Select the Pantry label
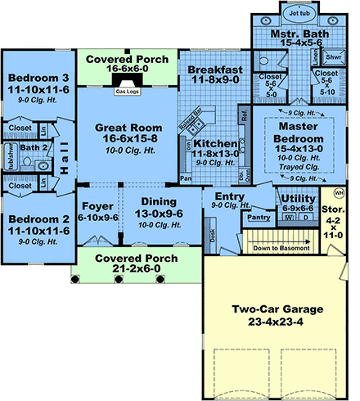coord(259,218)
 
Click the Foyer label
coord(97,208)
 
